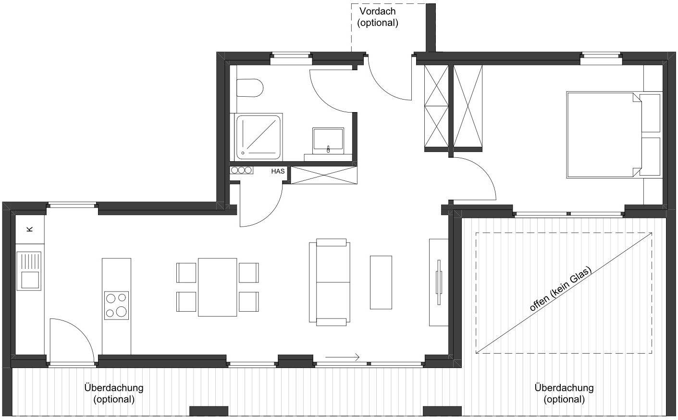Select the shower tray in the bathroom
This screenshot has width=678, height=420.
point(258,137)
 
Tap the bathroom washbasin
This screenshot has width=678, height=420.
point(328,140)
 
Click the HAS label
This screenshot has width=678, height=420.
point(278,171)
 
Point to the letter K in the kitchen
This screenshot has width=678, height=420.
point(30,229)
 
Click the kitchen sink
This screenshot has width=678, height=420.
point(29,271)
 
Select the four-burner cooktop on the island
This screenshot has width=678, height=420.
point(117,305)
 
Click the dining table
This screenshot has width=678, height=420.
point(217,287)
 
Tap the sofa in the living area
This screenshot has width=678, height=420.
point(330,282)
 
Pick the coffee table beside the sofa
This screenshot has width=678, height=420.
point(381,282)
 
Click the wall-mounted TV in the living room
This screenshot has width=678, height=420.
point(439,282)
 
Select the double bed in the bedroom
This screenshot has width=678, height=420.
point(604,135)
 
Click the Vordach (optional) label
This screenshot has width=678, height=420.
point(378,17)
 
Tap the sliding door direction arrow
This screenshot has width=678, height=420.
point(342,357)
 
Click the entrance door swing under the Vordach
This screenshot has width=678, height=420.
point(382,89)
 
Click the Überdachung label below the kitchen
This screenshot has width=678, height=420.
point(114,394)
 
